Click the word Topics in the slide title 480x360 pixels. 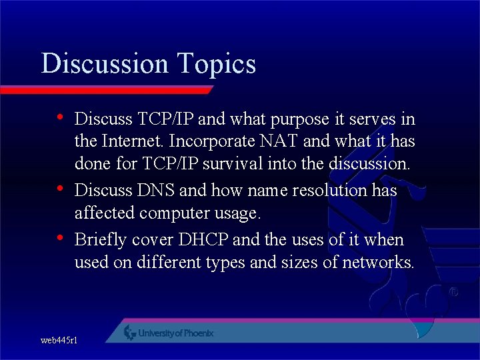click(x=217, y=64)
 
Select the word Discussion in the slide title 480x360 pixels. click(x=105, y=64)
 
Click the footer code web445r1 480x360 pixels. click(x=59, y=341)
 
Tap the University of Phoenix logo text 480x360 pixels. click(x=175, y=333)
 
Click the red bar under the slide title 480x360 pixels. click(x=107, y=89)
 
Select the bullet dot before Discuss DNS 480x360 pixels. click(x=60, y=189)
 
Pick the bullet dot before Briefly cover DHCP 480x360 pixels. click(x=60, y=238)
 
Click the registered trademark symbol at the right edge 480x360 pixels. click(x=453, y=292)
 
